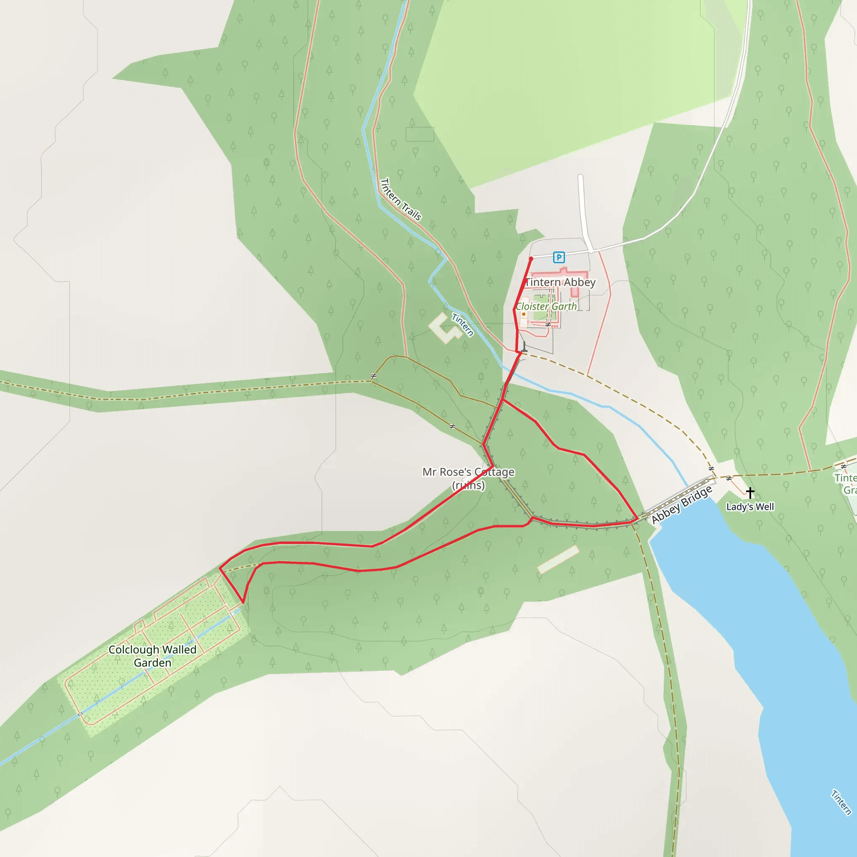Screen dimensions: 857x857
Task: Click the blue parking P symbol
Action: [559, 257]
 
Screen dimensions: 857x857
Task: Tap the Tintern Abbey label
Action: [560, 282]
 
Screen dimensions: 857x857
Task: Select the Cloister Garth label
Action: [546, 306]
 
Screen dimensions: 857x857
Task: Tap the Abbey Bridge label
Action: [682, 504]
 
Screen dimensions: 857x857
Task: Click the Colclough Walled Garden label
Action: [153, 656]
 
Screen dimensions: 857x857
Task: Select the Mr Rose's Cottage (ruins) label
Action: [468, 478]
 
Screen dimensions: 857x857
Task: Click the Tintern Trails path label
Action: [401, 199]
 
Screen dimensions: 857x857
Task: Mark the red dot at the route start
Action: [531, 259]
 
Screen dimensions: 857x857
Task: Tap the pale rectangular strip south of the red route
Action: [558, 559]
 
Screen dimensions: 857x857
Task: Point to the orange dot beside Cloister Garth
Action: [524, 314]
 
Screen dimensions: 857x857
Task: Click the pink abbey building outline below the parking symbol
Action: [561, 276]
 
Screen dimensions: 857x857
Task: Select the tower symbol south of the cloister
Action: [524, 347]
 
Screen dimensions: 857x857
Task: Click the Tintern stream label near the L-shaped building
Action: [463, 325]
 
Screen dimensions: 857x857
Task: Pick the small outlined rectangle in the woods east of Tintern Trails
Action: [420, 134]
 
